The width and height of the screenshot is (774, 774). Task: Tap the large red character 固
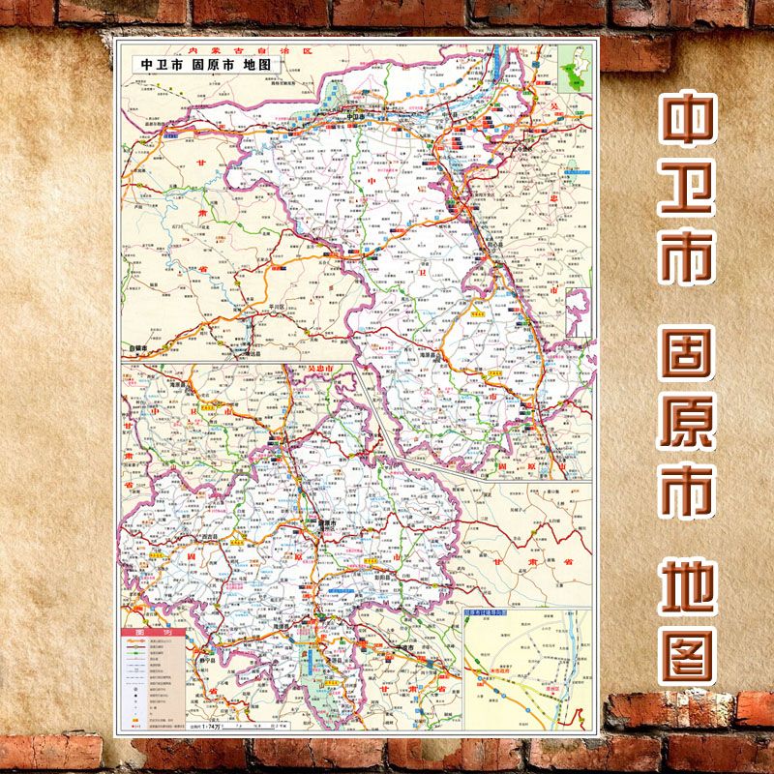(x=687, y=364)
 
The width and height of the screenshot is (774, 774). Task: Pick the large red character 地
(x=687, y=586)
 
